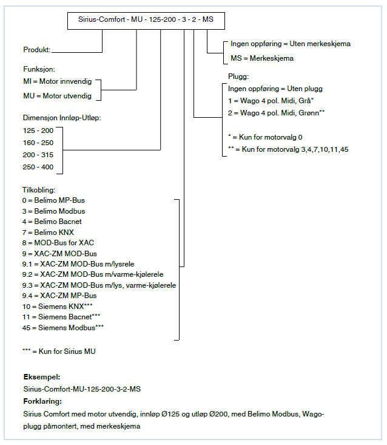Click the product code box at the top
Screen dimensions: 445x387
[145, 19]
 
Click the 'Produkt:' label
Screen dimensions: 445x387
[36, 50]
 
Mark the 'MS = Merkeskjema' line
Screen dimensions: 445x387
[262, 58]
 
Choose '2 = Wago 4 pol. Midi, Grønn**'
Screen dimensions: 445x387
[276, 112]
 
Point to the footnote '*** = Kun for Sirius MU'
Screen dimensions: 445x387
[59, 351]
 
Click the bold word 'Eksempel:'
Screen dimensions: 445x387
[42, 377]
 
